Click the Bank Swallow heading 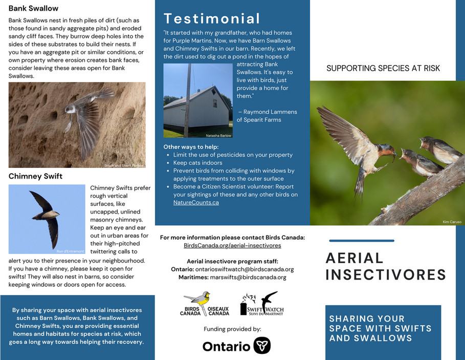coord(33,8)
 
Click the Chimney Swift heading coord(35,176)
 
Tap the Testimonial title coord(212,19)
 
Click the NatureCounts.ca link coord(196,202)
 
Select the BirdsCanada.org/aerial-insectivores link coord(232,246)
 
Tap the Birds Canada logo coord(205,304)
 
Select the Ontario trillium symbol coord(262,345)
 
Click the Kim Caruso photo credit coord(452,222)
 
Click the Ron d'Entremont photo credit coord(70,251)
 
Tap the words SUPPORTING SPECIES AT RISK coord(383,69)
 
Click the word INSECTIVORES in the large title coord(386,275)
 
